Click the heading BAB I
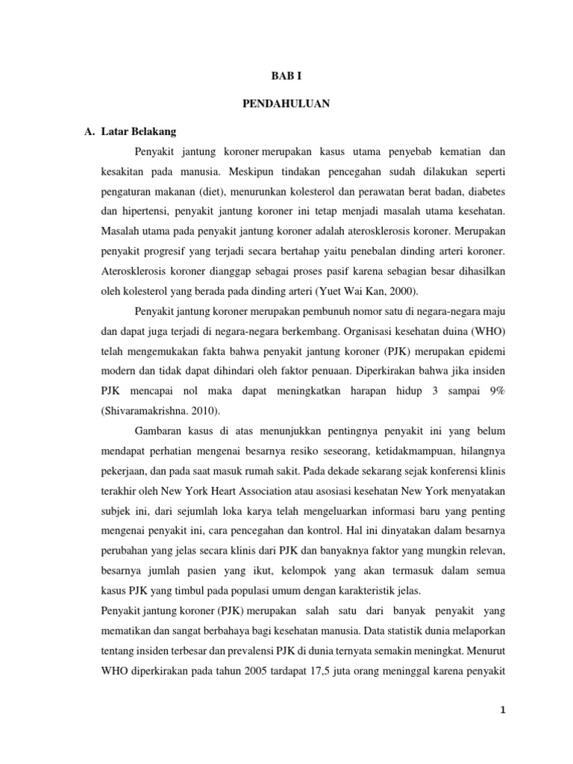click(286, 75)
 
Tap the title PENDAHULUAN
click(286, 104)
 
